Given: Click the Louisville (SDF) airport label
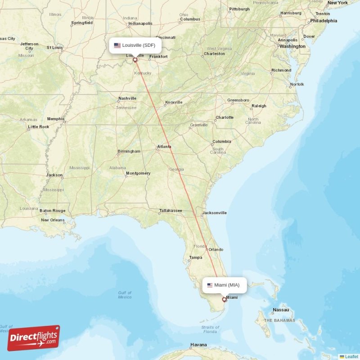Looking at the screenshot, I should coord(135,45).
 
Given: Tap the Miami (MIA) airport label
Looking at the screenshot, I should coord(225,285).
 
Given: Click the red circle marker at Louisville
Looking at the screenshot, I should coord(135,59).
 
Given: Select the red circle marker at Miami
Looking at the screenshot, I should coord(224,299).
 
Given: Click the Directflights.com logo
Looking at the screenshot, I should coord(33,338).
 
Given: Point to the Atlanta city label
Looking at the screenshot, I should coord(164,146).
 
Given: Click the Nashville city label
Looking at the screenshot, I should coord(127,99).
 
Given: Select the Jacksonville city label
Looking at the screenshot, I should coord(214,213).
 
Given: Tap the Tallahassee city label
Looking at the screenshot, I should coord(170,211).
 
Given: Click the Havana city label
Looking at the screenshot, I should coord(198,345).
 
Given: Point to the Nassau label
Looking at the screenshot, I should coord(281,310).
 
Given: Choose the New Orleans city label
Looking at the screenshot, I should coord(53,220).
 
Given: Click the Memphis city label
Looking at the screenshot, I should coord(56,119).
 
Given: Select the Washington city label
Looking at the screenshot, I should coord(292,46).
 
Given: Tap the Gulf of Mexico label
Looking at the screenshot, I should coord(125,295).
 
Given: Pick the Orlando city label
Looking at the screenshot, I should coord(216,249).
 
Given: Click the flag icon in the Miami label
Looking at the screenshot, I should coord(210,285).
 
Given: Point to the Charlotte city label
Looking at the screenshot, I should coord(225,117).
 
